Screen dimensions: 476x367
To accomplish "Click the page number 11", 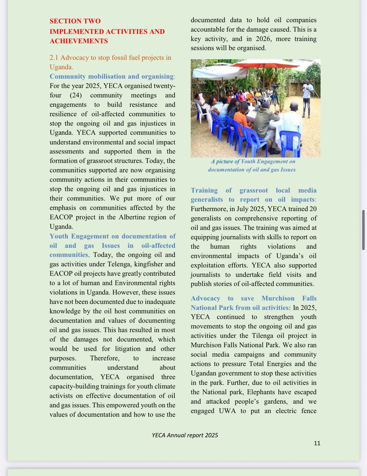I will (317, 443).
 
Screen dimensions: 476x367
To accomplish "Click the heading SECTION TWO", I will (75, 21).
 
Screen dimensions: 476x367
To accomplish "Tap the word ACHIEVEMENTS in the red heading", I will (78, 41).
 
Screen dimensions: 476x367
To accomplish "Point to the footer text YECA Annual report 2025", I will (185, 435).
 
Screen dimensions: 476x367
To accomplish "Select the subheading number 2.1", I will (55, 58).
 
